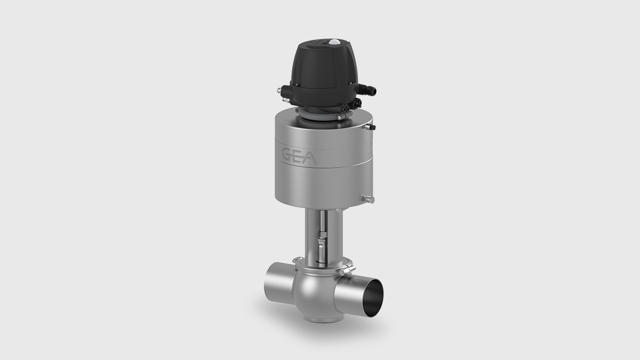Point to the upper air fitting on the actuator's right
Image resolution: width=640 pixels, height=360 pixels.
coord(372,127)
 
